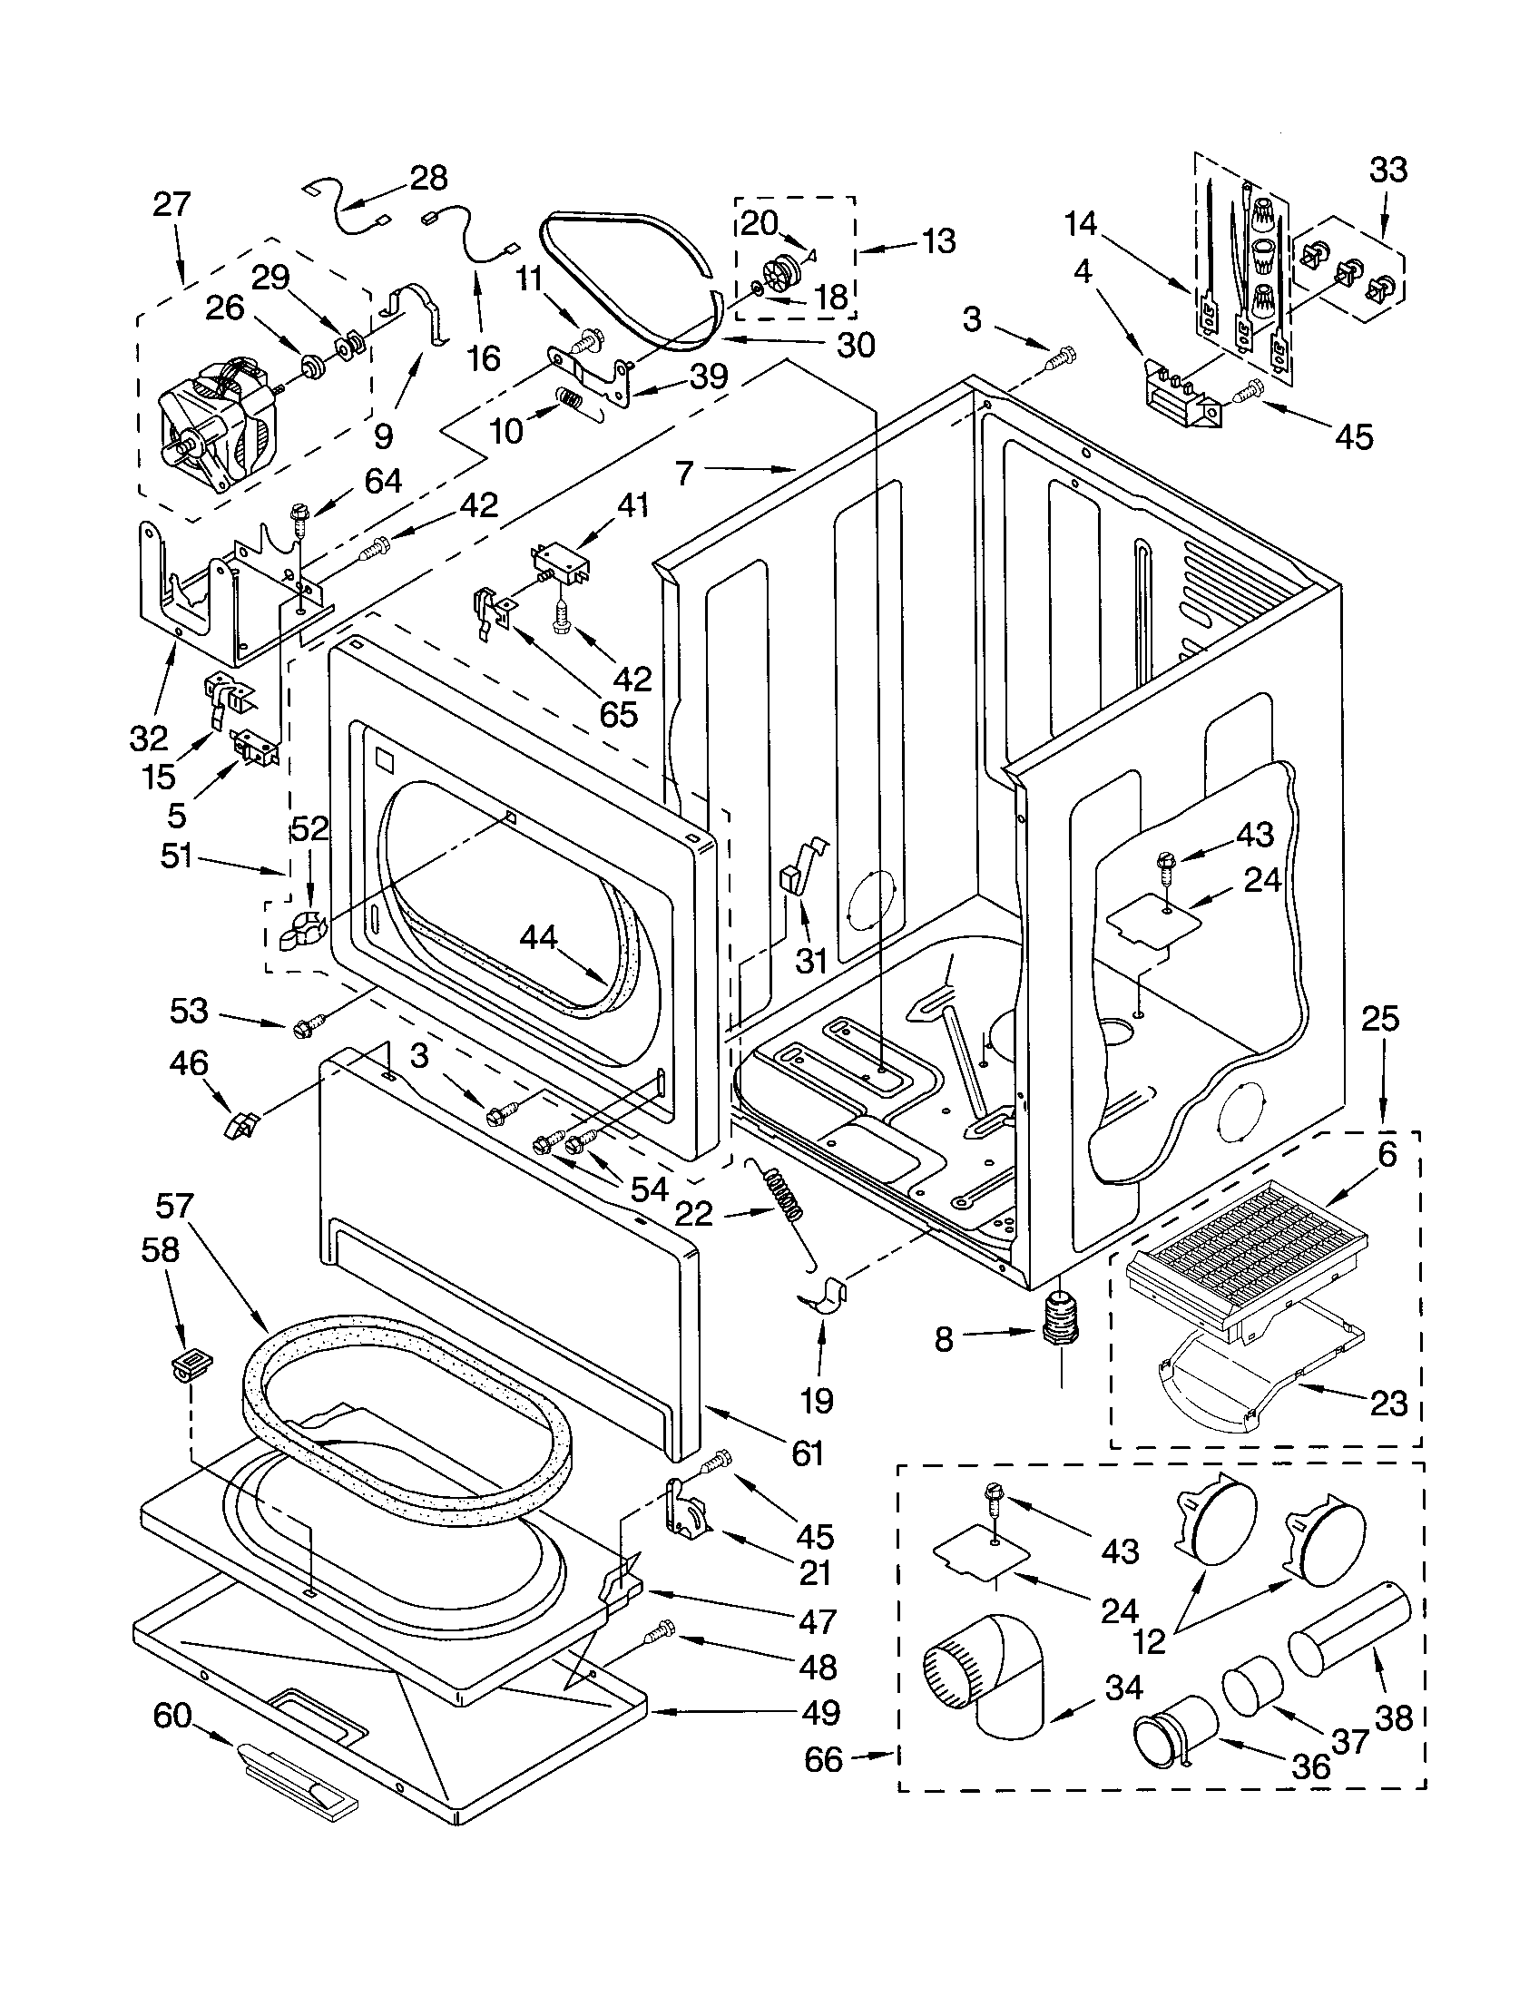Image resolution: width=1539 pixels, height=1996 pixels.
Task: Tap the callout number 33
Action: pyautogui.click(x=1387, y=170)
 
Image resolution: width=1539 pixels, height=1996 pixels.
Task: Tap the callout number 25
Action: pyautogui.click(x=1380, y=1019)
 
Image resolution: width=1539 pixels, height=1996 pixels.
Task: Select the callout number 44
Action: pyautogui.click(x=538, y=938)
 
